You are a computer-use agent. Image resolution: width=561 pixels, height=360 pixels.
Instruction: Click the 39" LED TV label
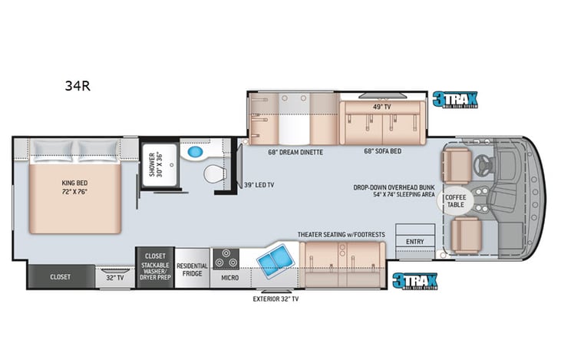[x=260, y=185]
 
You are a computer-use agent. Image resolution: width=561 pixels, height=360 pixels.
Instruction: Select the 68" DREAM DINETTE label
[x=295, y=153]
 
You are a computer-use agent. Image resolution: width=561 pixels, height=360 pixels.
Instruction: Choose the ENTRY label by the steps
[x=414, y=242]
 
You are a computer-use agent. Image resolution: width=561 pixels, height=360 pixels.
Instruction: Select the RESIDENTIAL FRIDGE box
[x=193, y=269]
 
